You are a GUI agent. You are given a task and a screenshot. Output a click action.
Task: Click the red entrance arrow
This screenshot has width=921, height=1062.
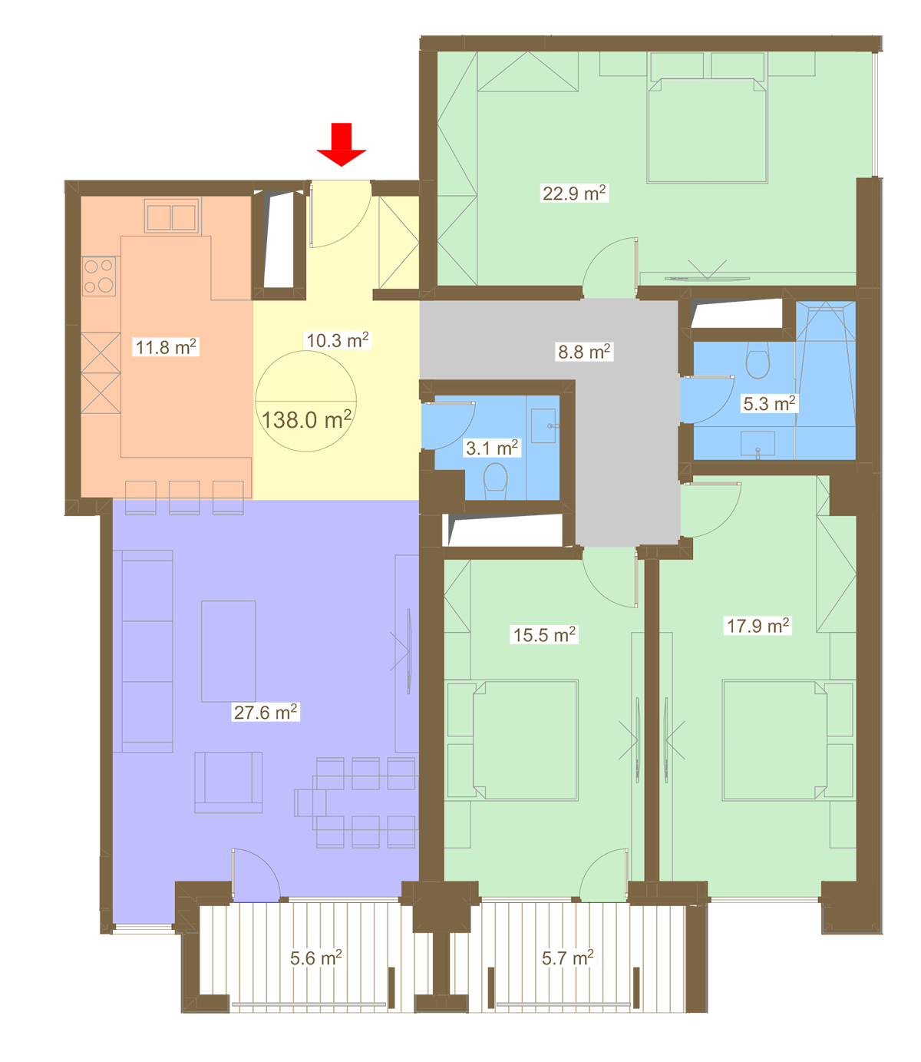click(x=341, y=144)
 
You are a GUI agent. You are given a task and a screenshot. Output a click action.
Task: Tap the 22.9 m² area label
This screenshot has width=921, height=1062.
click(x=573, y=193)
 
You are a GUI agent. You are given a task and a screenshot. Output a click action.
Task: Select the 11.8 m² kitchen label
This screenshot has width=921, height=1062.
click(x=166, y=346)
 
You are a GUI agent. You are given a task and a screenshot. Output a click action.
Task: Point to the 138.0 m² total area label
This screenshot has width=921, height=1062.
click(x=306, y=419)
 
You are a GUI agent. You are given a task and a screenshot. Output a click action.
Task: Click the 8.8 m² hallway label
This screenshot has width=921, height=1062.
click(x=584, y=352)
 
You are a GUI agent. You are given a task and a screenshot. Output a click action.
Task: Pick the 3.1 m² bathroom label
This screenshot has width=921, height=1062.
click(x=492, y=448)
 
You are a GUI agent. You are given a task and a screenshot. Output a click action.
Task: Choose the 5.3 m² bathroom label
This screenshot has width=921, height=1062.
click(x=768, y=403)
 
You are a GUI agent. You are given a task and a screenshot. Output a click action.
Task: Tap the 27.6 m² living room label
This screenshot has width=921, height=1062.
click(x=265, y=712)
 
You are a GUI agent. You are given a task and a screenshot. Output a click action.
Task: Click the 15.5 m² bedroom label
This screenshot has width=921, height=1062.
click(x=544, y=634)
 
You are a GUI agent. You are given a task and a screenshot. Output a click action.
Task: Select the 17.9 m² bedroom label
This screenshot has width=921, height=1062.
click(x=757, y=626)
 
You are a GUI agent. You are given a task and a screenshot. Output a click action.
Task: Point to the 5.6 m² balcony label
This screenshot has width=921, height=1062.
click(x=315, y=958)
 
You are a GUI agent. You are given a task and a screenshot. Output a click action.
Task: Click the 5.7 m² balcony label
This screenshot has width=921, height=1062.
click(x=567, y=958)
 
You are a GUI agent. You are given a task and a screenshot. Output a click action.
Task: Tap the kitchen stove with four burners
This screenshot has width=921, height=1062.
click(x=98, y=276)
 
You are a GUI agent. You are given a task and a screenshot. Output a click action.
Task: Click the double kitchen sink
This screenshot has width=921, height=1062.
click(x=171, y=217)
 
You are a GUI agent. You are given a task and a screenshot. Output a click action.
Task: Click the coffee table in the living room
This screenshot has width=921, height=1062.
click(x=228, y=651)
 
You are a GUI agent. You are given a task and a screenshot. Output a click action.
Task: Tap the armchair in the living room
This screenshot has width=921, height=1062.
click(x=228, y=782)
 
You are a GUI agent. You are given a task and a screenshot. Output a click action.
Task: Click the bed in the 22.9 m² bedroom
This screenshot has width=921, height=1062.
click(x=707, y=131)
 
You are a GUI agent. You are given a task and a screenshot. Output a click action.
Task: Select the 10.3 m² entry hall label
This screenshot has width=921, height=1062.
click(x=337, y=340)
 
